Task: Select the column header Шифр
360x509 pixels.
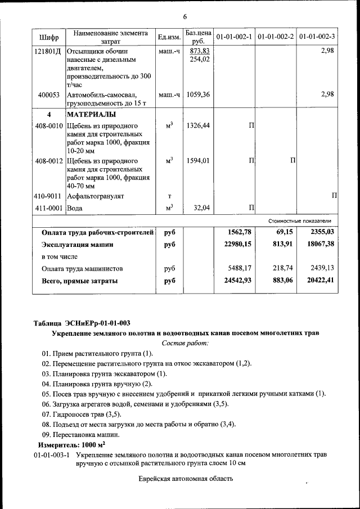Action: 49,37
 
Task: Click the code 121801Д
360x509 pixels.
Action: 49,51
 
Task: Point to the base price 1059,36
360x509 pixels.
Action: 198,94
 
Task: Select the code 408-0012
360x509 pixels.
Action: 49,161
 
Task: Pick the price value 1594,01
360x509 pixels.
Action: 198,161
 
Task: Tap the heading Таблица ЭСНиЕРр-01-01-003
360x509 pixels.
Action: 82,323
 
